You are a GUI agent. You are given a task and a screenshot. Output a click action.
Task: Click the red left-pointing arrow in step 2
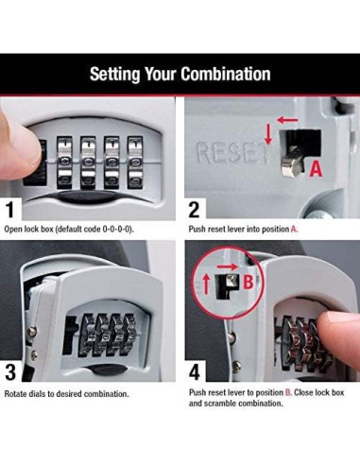[283, 122]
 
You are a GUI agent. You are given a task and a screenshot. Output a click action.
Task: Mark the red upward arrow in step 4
[206, 282]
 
